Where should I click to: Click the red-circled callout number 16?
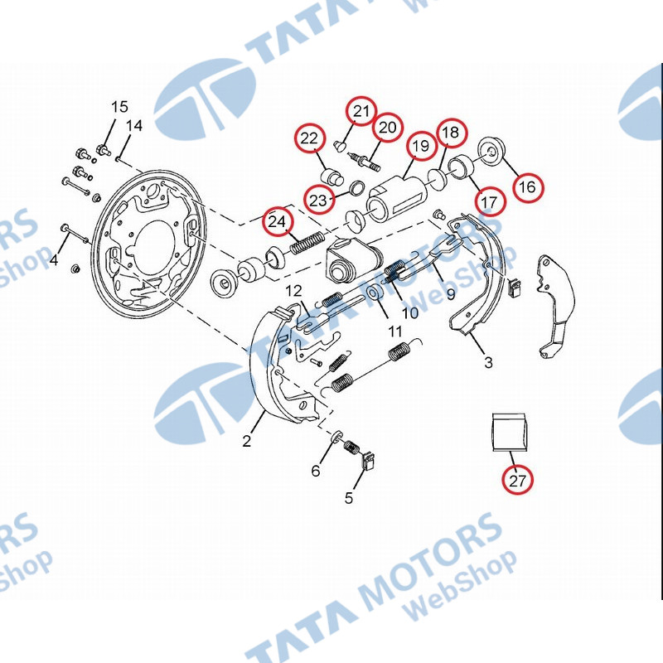(x=527, y=187)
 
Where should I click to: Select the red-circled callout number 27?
(x=518, y=480)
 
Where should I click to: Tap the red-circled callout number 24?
(x=278, y=221)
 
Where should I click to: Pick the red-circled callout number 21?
(x=361, y=111)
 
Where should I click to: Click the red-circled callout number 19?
(x=421, y=147)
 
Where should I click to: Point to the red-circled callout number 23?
(x=319, y=200)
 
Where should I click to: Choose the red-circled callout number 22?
(x=309, y=138)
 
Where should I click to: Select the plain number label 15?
(x=119, y=106)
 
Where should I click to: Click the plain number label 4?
(x=54, y=260)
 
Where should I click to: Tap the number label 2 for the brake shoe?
(x=246, y=442)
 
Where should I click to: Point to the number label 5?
(x=349, y=498)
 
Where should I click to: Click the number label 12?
(x=294, y=290)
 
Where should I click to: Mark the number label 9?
(x=451, y=293)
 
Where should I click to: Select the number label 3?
(x=488, y=362)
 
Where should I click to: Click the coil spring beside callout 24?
(x=305, y=244)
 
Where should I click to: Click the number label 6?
(x=315, y=472)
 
